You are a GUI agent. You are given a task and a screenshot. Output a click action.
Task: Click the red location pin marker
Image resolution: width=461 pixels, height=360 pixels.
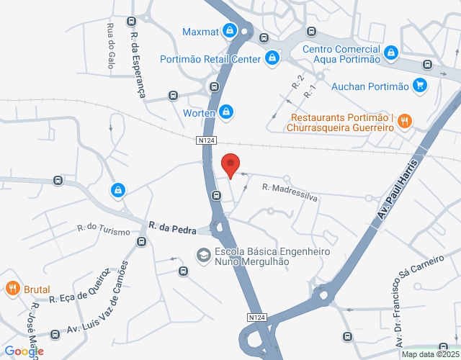[230, 165]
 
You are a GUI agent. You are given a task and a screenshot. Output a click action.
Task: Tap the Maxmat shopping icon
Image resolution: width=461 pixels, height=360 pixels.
[228, 31]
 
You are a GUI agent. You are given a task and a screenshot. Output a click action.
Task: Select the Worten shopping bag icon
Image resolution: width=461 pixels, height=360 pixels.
[226, 112]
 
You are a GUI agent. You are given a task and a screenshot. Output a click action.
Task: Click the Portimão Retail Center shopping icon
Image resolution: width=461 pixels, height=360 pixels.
[272, 58]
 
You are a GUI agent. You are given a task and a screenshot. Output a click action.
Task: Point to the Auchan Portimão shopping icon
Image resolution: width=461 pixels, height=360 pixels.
[421, 86]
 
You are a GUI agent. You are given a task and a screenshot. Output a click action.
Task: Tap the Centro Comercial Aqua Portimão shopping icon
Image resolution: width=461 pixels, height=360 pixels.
[390, 52]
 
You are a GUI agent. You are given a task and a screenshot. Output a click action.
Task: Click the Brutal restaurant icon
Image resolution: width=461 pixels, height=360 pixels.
[12, 289]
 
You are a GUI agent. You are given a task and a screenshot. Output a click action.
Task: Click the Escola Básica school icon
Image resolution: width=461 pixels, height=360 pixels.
[203, 255]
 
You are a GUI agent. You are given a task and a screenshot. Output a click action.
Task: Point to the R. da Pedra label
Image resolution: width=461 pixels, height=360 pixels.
[173, 228]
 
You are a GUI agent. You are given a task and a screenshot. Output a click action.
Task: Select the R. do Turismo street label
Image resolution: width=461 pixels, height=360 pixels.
[104, 230]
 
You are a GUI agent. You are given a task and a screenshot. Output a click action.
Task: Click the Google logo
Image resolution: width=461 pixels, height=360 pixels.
[23, 351]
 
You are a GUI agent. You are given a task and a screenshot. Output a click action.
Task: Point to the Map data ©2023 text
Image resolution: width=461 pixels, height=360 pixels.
[429, 354]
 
